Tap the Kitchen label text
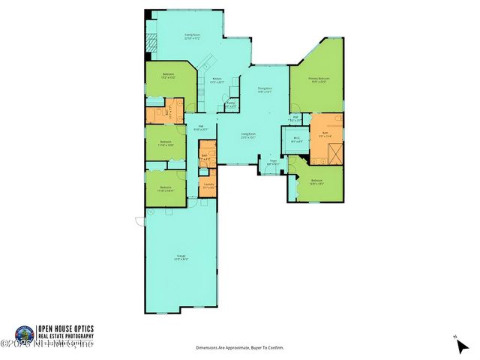217,80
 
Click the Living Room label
249,136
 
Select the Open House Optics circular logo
25,334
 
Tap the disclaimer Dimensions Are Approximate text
240,348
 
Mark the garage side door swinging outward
139,220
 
